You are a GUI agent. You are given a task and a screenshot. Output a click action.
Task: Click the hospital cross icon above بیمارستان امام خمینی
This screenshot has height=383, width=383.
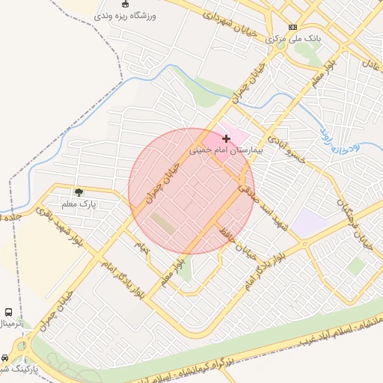pos(227,138)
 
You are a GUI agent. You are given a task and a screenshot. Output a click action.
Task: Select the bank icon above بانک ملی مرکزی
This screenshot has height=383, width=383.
pos(292,26)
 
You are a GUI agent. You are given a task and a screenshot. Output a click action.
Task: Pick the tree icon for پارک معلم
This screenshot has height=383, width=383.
pos(79,193)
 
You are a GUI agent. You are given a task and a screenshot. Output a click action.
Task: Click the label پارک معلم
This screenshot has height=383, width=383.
pos(79,203)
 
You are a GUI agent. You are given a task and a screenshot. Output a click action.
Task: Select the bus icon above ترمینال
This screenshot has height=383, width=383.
pos(8,312)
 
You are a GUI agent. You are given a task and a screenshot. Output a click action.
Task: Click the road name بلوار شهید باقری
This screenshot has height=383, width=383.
pos(73,227)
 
